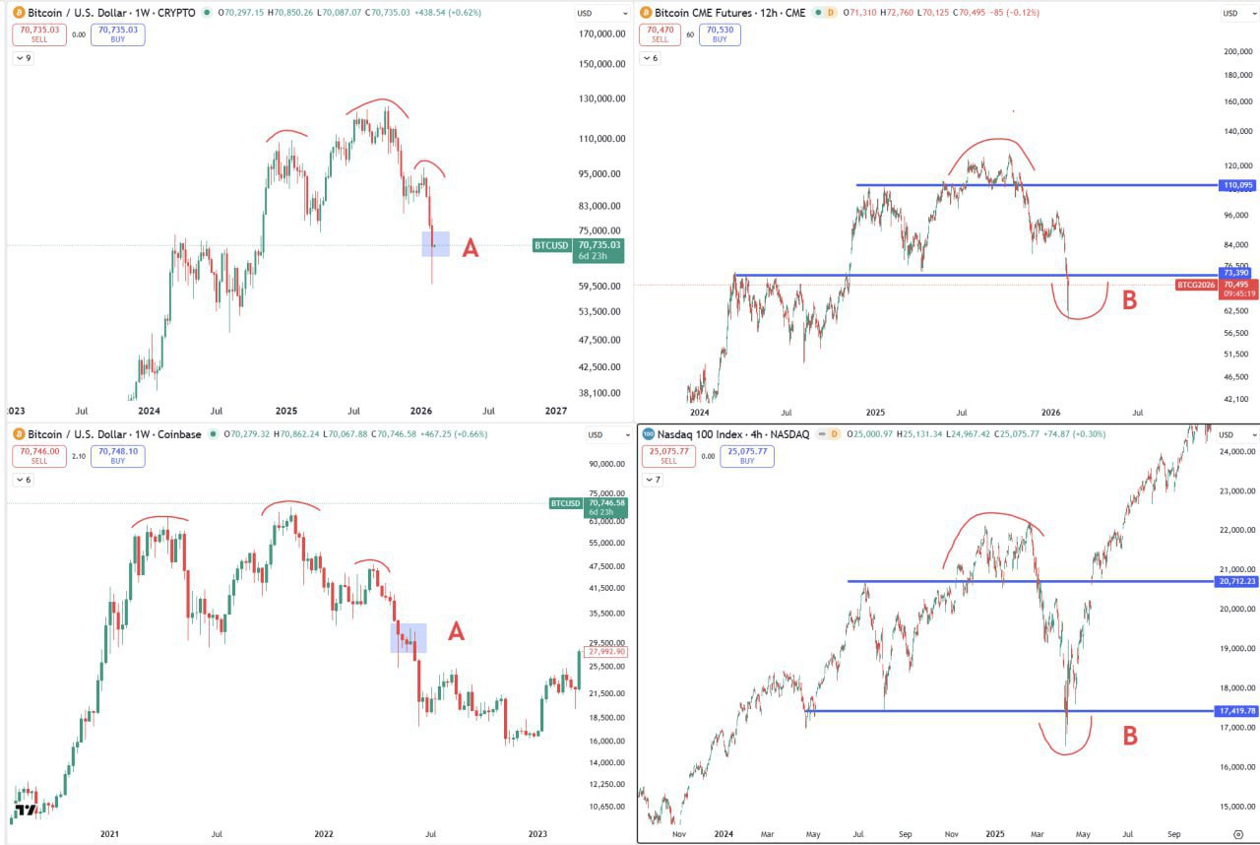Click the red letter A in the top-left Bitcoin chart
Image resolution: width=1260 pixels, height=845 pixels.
click(471, 248)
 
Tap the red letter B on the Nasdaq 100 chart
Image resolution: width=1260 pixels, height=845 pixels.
click(1130, 736)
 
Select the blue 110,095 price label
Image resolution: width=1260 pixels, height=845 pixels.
click(1237, 185)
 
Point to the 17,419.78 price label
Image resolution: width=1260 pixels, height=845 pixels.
click(1236, 710)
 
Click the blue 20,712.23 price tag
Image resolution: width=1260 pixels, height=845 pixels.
click(1236, 581)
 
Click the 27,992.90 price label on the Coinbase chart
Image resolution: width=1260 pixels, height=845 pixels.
click(605, 652)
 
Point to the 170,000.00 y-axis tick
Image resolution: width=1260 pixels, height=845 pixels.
click(601, 33)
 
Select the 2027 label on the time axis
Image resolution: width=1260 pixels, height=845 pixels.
click(556, 411)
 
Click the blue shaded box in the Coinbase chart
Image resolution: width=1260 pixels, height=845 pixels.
click(409, 637)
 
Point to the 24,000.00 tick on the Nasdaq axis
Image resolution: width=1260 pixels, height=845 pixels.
click(1236, 452)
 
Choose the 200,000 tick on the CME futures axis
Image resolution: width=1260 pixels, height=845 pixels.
click(1236, 51)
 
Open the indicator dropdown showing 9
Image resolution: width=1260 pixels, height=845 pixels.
click(24, 58)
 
